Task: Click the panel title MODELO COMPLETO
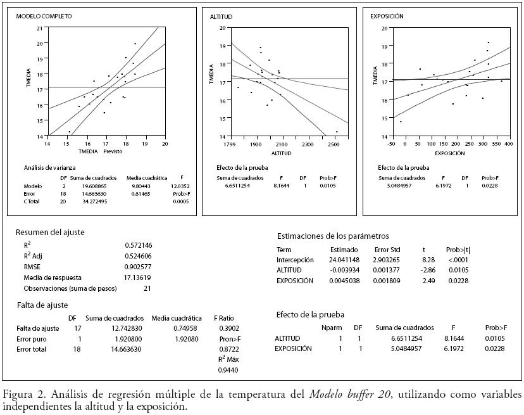[x=44, y=16]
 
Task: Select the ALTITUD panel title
[x=221, y=16]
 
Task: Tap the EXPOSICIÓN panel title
[x=387, y=16]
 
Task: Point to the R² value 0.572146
[x=139, y=245]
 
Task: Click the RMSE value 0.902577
[x=139, y=267]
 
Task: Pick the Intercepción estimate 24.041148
[x=344, y=260]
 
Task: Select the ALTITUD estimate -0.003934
[x=344, y=270]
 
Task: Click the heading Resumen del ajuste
[x=50, y=233]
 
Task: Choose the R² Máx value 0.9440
[x=227, y=371]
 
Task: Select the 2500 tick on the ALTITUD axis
[x=334, y=144]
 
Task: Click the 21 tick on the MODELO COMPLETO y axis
[x=40, y=28]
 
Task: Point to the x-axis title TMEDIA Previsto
[x=100, y=151]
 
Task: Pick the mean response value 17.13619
[x=139, y=278]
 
